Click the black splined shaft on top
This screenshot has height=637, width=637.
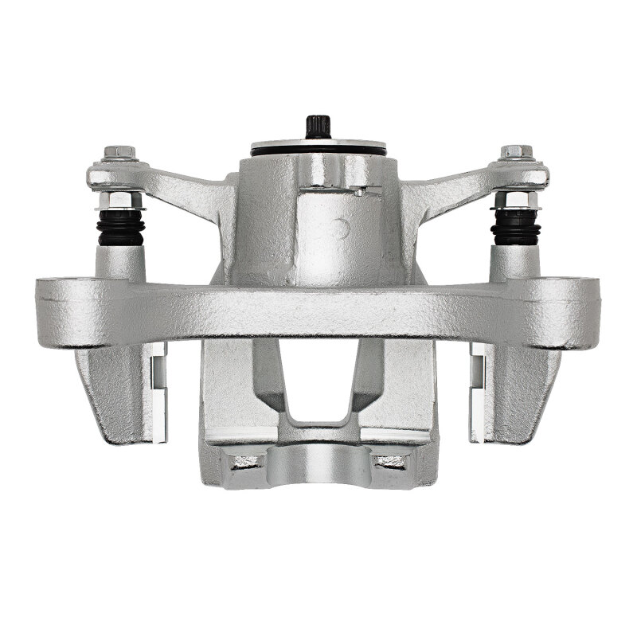tap(318, 127)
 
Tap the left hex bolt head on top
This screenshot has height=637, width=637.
tap(119, 151)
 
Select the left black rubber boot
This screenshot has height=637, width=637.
tap(119, 228)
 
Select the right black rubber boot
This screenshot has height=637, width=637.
tap(516, 228)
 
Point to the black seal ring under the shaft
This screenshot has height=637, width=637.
tap(318, 150)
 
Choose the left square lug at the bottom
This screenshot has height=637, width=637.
tap(244, 459)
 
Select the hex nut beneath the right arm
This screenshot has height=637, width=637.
tap(516, 199)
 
